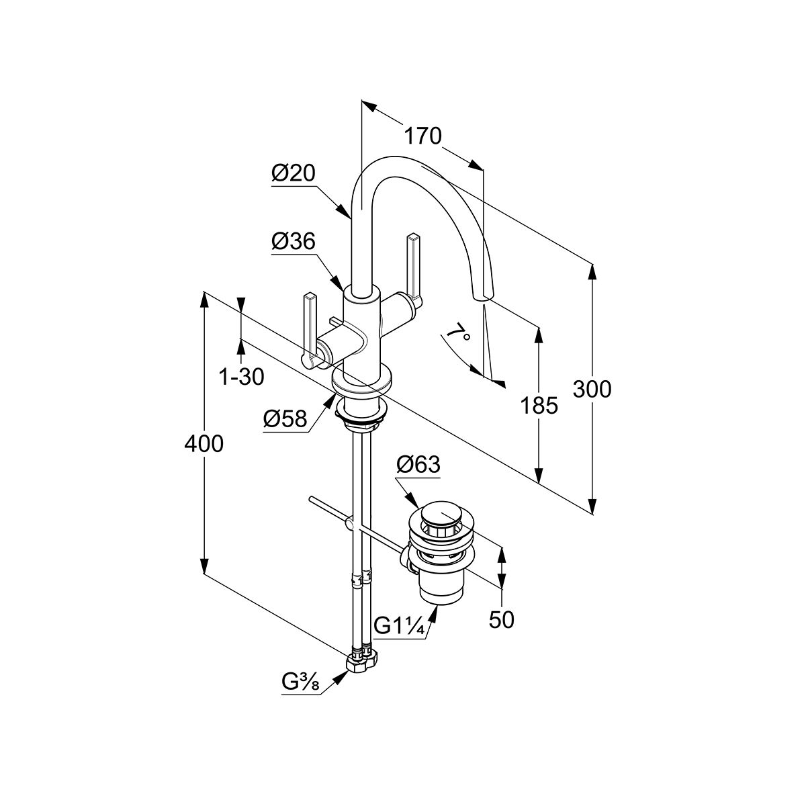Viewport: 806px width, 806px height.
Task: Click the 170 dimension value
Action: click(x=422, y=136)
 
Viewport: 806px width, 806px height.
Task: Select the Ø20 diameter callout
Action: click(x=294, y=173)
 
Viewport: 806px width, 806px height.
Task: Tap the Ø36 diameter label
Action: click(x=294, y=242)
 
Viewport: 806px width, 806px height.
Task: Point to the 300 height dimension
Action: click(x=592, y=389)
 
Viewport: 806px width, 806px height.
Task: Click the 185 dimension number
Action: click(x=538, y=405)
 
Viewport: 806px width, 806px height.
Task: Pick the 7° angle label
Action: click(x=456, y=332)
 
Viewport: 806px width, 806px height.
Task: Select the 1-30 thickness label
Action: click(x=242, y=377)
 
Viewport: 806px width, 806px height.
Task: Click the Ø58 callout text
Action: click(x=285, y=420)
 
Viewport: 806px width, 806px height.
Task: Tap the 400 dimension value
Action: click(x=204, y=443)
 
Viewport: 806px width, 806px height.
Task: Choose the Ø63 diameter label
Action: click(x=418, y=463)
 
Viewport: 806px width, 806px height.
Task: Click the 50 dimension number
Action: click(x=501, y=620)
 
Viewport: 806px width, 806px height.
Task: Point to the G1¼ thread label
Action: click(x=398, y=626)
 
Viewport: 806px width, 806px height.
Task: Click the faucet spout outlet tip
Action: click(x=482, y=296)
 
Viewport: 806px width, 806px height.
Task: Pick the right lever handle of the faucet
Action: click(x=413, y=269)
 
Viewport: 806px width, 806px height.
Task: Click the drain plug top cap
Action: click(x=441, y=515)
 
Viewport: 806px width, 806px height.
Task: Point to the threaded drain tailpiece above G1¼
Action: click(x=441, y=591)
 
